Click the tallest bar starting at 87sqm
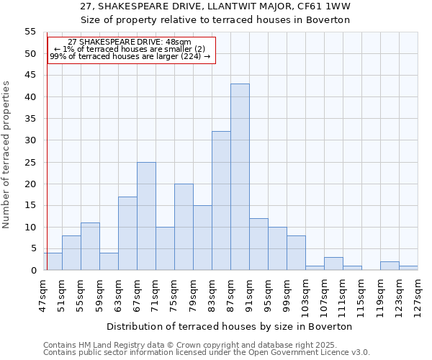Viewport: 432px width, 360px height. (x=240, y=177)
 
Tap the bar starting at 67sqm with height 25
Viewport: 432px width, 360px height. (x=146, y=216)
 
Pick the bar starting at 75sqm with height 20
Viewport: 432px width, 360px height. (x=184, y=227)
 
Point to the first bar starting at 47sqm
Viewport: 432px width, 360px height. (x=53, y=261)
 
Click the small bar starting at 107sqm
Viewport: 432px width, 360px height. (x=333, y=264)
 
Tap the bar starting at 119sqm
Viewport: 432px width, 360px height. (x=390, y=266)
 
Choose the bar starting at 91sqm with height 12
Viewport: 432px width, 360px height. (x=258, y=244)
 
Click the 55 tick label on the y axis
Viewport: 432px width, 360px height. (x=30, y=32)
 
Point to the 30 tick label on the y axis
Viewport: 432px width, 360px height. (x=30, y=140)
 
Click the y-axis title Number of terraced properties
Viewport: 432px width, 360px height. (x=7, y=155)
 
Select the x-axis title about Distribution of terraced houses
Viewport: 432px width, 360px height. (x=230, y=326)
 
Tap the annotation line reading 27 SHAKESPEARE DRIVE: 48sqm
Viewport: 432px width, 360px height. (x=130, y=42)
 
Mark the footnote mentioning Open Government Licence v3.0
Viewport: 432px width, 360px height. (x=207, y=352)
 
